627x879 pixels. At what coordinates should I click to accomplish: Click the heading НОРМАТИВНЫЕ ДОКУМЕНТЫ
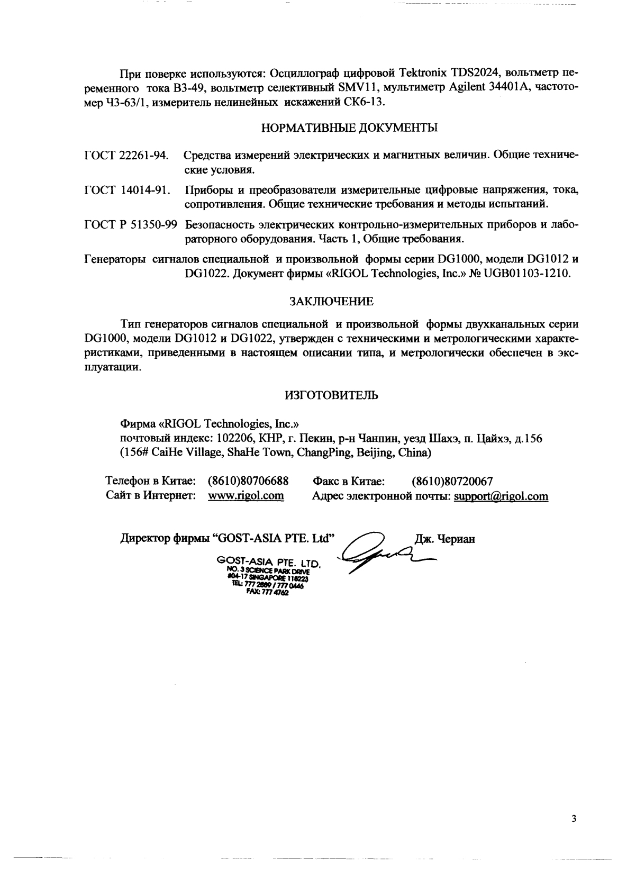coord(350,128)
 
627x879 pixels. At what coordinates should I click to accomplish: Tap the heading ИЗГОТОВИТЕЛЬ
coord(331,395)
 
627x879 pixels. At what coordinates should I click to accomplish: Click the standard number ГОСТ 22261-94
coord(126,156)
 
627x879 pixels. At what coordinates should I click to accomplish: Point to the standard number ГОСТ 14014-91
coord(128,190)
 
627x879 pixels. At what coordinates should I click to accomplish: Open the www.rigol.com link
coord(246,496)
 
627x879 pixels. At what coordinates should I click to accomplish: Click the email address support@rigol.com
coord(501,496)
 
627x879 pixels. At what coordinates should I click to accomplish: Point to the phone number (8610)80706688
coord(248,482)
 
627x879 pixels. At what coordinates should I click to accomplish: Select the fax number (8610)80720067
coord(452,482)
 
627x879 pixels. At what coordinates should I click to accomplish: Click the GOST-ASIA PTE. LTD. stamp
coord(269,575)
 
